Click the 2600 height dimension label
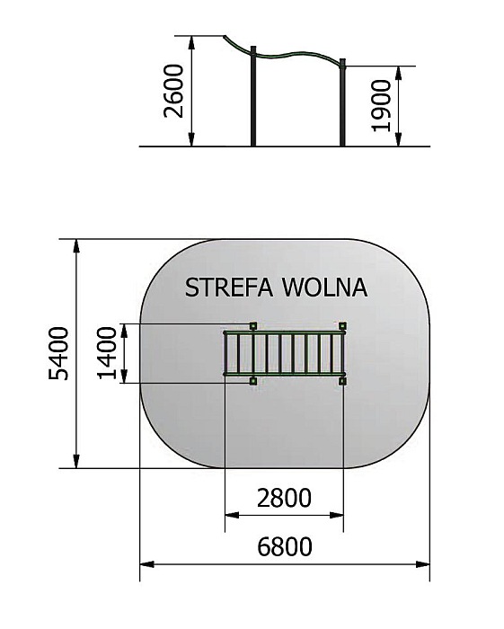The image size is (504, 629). pos(174,91)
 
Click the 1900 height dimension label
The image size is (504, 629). pos(381,105)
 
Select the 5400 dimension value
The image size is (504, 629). pos(58,353)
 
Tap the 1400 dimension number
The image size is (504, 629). pos(107,353)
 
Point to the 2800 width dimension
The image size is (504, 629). pos(284,498)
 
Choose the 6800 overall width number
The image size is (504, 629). pos(284,546)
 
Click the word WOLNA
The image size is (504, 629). pos(325,288)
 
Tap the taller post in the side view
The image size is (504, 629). pos(253,96)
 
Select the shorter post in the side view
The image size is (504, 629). pos(342,102)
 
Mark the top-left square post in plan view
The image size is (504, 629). pos(253,325)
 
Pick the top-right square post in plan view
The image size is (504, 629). pos(342,325)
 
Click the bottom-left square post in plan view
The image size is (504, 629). pos(253,381)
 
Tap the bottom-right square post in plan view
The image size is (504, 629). pos(342,381)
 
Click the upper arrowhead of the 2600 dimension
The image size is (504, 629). pos(191,43)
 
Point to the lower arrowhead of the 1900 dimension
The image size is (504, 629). pos(399,139)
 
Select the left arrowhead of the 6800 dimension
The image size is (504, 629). pos(147,564)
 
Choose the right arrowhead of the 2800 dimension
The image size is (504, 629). pos(336,515)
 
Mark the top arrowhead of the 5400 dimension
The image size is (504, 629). pos(76,246)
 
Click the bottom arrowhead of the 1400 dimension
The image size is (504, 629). pos(124,376)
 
